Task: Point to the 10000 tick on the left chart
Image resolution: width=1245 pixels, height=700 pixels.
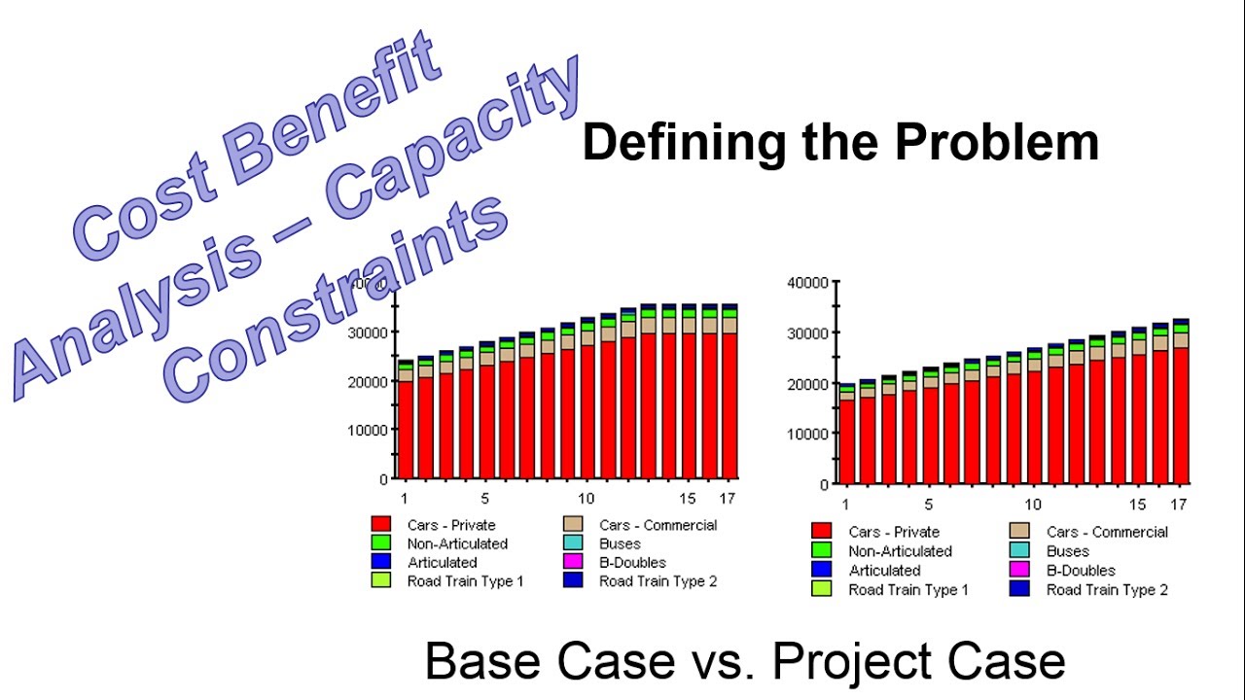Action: [367, 430]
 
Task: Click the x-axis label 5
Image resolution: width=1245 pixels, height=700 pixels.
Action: [928, 505]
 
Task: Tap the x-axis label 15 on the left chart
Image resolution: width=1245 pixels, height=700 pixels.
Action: [688, 499]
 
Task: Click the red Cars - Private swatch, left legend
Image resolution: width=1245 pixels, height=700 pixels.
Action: [381, 525]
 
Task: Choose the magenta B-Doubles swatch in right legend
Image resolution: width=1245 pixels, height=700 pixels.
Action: [1019, 571]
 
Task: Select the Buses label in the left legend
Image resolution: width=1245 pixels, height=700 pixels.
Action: [620, 543]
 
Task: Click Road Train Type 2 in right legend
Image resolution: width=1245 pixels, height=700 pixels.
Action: [1107, 590]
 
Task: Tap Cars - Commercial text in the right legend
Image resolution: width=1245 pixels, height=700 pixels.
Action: [1107, 532]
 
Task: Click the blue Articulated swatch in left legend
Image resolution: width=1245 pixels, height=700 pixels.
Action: [381, 562]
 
